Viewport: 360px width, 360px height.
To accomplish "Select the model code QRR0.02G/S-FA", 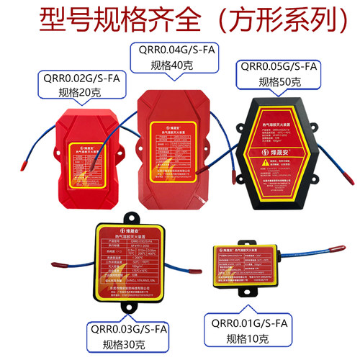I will [71, 78].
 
